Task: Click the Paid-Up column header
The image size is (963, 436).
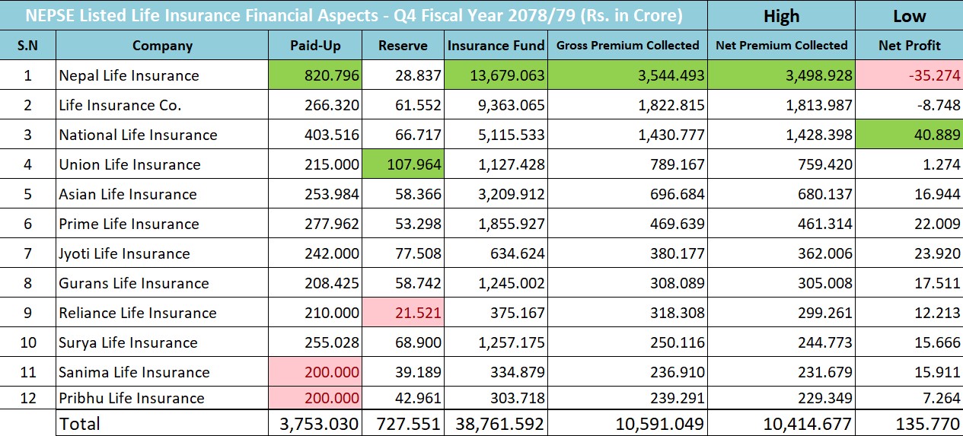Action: pyautogui.click(x=315, y=46)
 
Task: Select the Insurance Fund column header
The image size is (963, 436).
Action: pyautogui.click(x=496, y=46)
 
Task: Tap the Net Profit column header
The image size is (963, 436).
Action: pyautogui.click(x=909, y=46)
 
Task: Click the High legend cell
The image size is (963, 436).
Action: pyautogui.click(x=781, y=16)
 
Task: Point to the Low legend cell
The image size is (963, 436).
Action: pyautogui.click(x=909, y=16)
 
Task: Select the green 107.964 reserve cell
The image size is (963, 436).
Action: pyautogui.click(x=410, y=164)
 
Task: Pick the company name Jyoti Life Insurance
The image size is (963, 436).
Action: pyautogui.click(x=124, y=253)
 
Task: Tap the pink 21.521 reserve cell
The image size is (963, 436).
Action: pyautogui.click(x=410, y=313)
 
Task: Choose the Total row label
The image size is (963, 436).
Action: pyautogui.click(x=79, y=423)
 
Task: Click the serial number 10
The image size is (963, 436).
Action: pyautogui.click(x=28, y=342)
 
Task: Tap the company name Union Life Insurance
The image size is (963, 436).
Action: pyautogui.click(x=129, y=164)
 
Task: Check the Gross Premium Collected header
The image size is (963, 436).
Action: pyautogui.click(x=627, y=46)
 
